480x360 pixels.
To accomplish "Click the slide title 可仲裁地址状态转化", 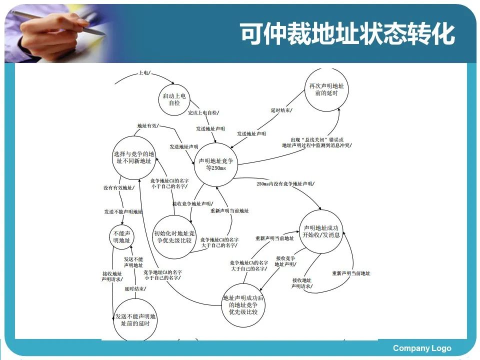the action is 347,34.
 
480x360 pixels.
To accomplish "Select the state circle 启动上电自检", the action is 174,99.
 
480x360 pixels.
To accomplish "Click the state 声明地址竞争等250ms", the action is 215,164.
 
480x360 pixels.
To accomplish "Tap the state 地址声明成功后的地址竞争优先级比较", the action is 243,305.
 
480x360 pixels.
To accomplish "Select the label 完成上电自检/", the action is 203,113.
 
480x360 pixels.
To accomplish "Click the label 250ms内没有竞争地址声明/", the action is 285,184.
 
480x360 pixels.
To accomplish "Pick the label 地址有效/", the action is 147,125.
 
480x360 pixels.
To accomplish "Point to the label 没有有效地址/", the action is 118,187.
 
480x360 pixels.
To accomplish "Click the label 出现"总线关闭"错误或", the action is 317,139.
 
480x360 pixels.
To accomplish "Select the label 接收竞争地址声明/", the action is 192,203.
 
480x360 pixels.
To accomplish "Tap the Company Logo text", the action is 421,348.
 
